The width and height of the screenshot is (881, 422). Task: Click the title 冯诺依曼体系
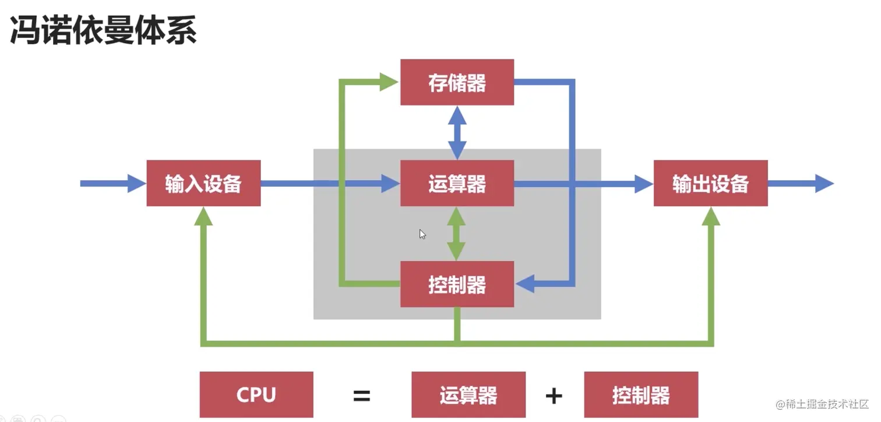pyautogui.click(x=104, y=31)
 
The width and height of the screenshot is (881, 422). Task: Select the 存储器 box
pyautogui.click(x=457, y=82)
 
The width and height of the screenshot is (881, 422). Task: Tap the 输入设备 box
pyautogui.click(x=203, y=184)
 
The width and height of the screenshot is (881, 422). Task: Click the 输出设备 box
pyautogui.click(x=710, y=184)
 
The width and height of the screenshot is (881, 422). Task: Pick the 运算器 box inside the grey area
pyautogui.click(x=457, y=184)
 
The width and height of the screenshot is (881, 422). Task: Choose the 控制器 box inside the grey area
pyautogui.click(x=457, y=284)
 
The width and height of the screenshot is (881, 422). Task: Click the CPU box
pyautogui.click(x=256, y=395)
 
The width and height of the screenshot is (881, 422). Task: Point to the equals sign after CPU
pyautogui.click(x=362, y=396)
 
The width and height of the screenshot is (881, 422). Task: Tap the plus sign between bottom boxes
pyautogui.click(x=554, y=396)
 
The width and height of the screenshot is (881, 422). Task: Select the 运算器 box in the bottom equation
pyautogui.click(x=468, y=395)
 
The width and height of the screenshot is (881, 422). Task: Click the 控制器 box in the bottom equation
pyautogui.click(x=641, y=395)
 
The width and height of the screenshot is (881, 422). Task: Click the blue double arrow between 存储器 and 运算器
pyautogui.click(x=457, y=132)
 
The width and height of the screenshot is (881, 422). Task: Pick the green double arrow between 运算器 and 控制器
pyautogui.click(x=456, y=234)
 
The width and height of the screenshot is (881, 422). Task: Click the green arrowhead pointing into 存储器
pyautogui.click(x=388, y=82)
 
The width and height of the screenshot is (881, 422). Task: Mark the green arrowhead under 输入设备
pyautogui.click(x=203, y=217)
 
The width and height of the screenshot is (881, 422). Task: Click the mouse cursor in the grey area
pyautogui.click(x=422, y=234)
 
